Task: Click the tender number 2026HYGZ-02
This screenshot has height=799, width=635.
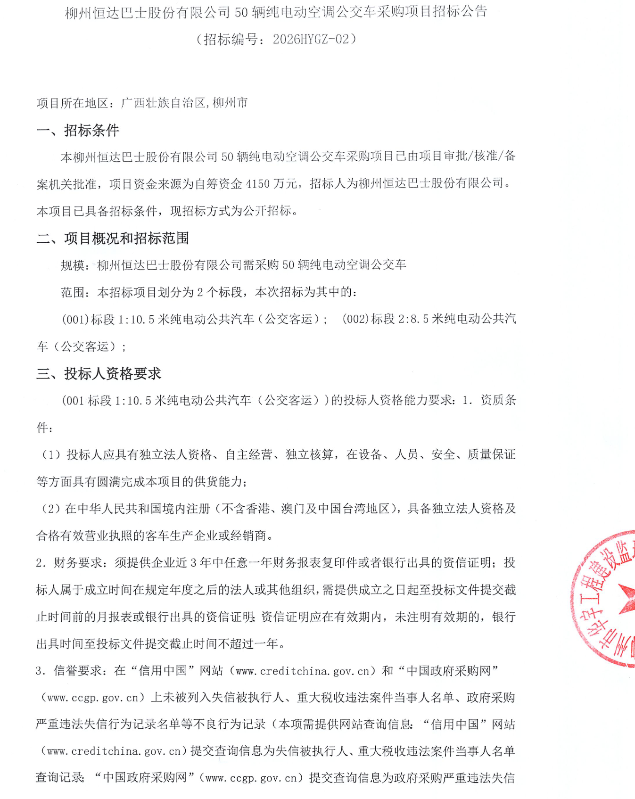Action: point(311,39)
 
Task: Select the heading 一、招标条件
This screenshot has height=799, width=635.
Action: point(78,130)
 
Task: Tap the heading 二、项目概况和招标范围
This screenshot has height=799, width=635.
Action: point(113,238)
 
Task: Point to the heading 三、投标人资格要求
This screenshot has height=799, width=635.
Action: point(99,373)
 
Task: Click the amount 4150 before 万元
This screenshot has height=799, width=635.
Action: point(257,183)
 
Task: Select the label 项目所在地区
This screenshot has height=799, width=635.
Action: point(73,103)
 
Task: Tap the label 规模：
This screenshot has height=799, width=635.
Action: point(75,265)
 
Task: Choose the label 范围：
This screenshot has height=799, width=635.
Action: point(75,292)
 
